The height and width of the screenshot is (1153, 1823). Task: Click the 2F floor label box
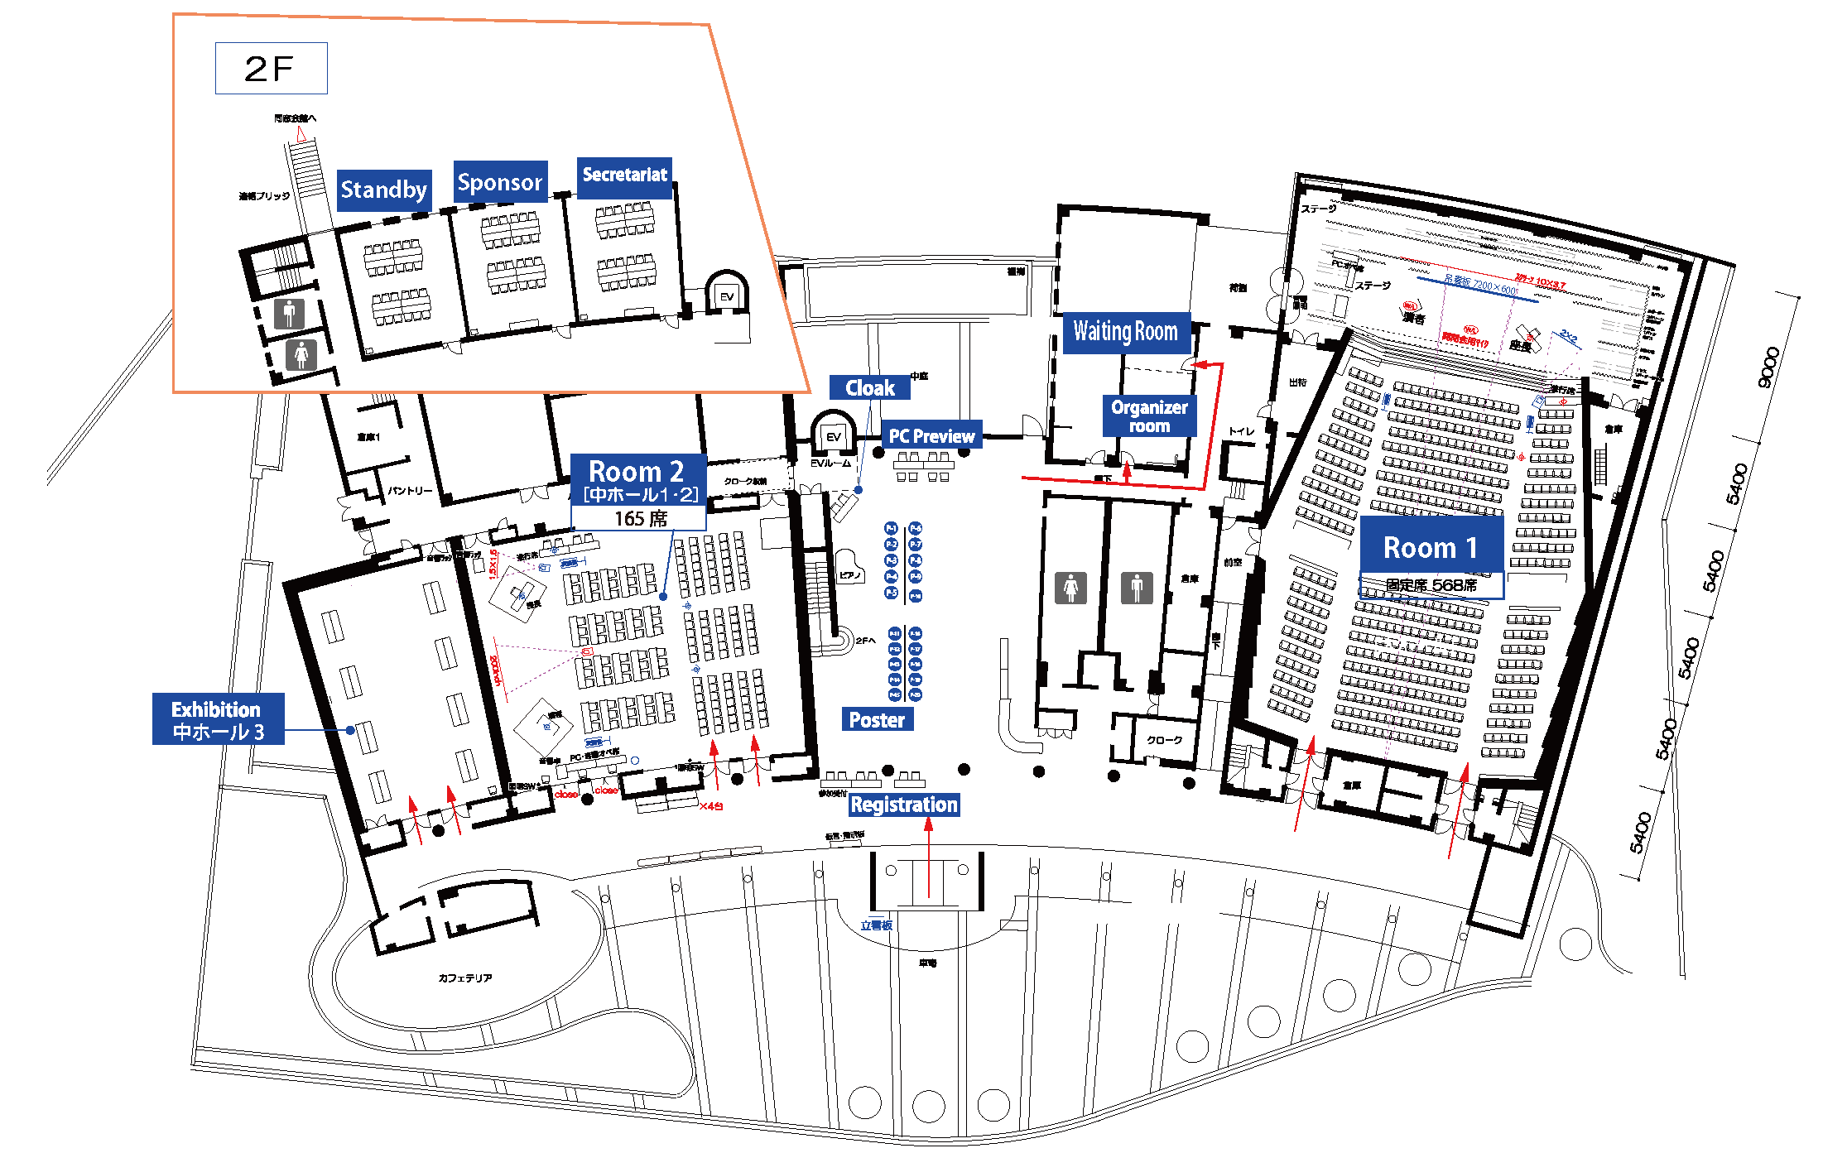point(271,68)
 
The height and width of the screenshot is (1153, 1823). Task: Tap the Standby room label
point(383,190)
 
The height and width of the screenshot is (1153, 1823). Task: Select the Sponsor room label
point(500,182)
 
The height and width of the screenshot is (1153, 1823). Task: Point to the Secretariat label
point(624,175)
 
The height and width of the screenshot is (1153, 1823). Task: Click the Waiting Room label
point(1125,332)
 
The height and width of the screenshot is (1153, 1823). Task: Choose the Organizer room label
point(1149,416)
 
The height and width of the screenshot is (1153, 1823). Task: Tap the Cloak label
point(869,387)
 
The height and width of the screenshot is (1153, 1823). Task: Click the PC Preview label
point(931,435)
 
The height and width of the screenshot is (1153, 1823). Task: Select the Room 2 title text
point(636,471)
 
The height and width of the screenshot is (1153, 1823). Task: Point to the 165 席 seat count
point(640,519)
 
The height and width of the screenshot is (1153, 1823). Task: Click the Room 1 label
point(1430,547)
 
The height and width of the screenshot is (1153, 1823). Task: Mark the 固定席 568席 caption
point(1431,585)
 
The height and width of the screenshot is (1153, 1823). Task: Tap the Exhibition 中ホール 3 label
point(218,719)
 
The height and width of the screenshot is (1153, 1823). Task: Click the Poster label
point(877,719)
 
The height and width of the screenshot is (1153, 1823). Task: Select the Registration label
point(903,805)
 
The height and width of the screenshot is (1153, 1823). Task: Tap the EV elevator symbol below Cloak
point(833,436)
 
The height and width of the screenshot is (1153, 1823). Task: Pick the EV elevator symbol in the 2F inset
point(727,296)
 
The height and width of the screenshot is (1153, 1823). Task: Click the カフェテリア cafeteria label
point(465,978)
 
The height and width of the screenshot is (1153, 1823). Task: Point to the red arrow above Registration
point(928,853)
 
